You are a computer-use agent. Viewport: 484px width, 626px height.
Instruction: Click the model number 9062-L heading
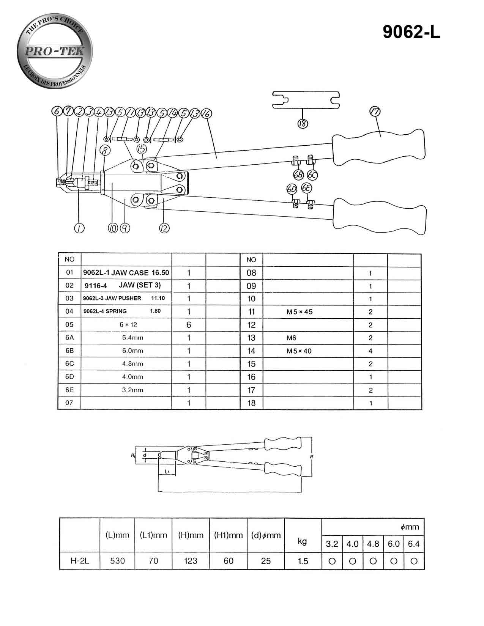point(411,32)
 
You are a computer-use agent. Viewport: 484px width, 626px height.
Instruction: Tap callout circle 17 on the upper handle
point(375,112)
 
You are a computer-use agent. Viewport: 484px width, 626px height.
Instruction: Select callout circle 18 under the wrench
point(303,124)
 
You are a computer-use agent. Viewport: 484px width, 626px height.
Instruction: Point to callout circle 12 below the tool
point(164,228)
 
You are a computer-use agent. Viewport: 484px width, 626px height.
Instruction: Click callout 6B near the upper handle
point(298,175)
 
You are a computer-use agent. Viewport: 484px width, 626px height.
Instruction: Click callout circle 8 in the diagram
point(105,150)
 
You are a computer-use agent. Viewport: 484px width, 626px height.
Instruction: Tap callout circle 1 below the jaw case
point(79,228)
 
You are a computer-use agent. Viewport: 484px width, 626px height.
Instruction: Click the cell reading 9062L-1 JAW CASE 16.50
point(126,273)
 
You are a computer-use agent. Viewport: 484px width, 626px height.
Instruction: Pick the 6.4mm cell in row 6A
point(132,338)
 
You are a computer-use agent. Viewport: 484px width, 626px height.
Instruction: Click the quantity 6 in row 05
point(189,325)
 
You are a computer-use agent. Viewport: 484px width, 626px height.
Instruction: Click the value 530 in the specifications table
point(117,561)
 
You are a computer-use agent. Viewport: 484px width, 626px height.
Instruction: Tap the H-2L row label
point(80,561)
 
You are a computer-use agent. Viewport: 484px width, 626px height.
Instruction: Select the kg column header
point(302,541)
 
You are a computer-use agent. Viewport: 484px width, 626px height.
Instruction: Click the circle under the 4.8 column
point(373,561)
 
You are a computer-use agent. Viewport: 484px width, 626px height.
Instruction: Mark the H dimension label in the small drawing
point(311,457)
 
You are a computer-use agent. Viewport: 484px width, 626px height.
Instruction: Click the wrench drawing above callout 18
point(306,100)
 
